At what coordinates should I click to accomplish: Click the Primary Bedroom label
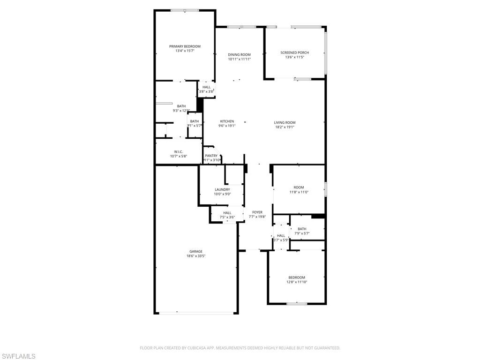pos(185,46)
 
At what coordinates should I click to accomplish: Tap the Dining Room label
pos(239,55)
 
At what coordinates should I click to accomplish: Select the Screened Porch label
pos(294,52)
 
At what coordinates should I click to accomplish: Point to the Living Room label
pos(285,123)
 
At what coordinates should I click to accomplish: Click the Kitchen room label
pos(227,121)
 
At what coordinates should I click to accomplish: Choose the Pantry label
pos(211,156)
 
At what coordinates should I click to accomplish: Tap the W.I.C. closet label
pos(178,152)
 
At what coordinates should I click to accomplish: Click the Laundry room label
pos(222,189)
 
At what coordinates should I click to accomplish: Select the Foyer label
pos(257,212)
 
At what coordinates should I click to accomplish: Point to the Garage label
pos(196,252)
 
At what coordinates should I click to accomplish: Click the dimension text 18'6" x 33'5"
pos(196,256)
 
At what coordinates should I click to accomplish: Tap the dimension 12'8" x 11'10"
pos(297,282)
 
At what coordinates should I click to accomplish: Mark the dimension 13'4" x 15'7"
pos(185,51)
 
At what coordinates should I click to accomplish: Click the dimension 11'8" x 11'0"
pos(299,192)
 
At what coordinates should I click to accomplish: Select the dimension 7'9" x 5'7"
pos(302,233)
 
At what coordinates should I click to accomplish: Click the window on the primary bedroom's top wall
pos(185,10)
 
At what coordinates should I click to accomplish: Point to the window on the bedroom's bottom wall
pos(297,304)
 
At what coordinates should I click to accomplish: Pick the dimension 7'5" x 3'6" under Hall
pos(227,217)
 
